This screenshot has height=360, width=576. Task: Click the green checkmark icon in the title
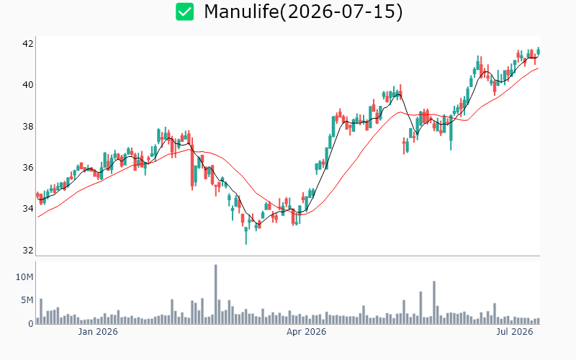click(x=184, y=12)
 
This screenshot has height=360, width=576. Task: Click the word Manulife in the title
click(x=241, y=12)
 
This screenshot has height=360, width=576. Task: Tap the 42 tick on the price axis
click(x=28, y=44)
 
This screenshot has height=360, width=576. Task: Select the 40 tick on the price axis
click(x=28, y=85)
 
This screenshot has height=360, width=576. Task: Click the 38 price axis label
click(x=28, y=127)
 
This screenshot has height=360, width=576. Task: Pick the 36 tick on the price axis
click(x=28, y=168)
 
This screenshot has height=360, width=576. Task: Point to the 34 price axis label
click(x=28, y=209)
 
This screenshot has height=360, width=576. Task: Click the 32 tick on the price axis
click(x=28, y=250)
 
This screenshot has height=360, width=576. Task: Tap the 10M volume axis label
click(x=24, y=277)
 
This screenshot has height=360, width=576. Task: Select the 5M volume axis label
click(x=27, y=300)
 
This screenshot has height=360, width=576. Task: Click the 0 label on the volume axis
click(x=31, y=324)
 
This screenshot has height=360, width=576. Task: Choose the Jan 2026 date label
click(x=98, y=332)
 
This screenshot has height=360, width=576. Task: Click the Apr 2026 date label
click(x=307, y=332)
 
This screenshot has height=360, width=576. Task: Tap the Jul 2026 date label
click(x=515, y=332)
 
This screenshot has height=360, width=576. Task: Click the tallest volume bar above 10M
click(x=215, y=294)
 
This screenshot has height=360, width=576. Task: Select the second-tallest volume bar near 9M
click(x=434, y=302)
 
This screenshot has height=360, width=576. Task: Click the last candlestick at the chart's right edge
click(x=539, y=51)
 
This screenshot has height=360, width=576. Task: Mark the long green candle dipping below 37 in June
click(x=451, y=132)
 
